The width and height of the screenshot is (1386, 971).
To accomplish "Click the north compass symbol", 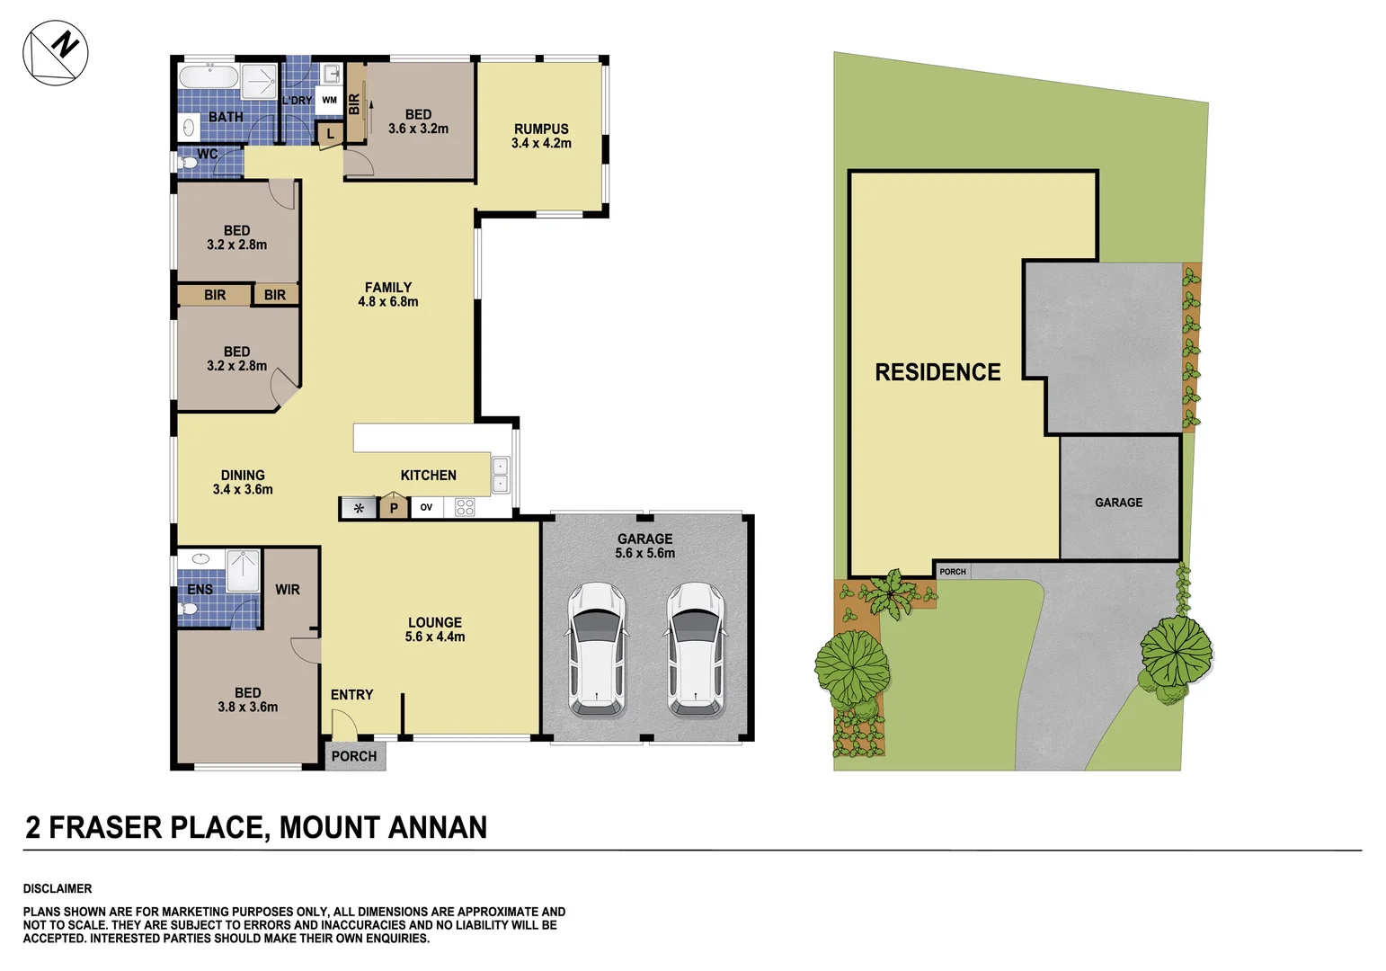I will pyautogui.click(x=55, y=52).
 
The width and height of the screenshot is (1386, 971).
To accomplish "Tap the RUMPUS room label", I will pyautogui.click(x=541, y=136).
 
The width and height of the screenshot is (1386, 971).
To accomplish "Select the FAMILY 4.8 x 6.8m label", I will pyautogui.click(x=388, y=294).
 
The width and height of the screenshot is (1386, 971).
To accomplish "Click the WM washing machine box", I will pyautogui.click(x=330, y=101).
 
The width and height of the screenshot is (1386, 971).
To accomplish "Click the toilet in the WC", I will pyautogui.click(x=188, y=164).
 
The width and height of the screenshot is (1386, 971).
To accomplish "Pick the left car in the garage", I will pyautogui.click(x=597, y=649).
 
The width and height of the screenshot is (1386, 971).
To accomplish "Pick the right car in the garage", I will pyautogui.click(x=696, y=649).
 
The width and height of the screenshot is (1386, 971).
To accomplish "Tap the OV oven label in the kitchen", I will pyautogui.click(x=426, y=507).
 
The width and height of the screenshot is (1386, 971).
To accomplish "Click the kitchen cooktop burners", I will pyautogui.click(x=465, y=507).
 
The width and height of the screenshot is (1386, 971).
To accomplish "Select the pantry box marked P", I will pyautogui.click(x=394, y=507).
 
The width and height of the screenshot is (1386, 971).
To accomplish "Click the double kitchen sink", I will pyautogui.click(x=500, y=475).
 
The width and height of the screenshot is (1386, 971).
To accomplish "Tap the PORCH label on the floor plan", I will pyautogui.click(x=354, y=756).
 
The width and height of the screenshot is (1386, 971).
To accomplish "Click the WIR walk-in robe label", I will pyautogui.click(x=288, y=590).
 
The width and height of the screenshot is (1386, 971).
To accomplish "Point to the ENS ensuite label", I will pyautogui.click(x=200, y=590).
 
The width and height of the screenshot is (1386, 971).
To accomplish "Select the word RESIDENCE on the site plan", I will pyautogui.click(x=937, y=372).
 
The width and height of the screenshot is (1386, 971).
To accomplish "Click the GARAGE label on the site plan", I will pyautogui.click(x=1118, y=503).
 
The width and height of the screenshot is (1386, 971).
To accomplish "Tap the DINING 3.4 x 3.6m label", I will pyautogui.click(x=243, y=482).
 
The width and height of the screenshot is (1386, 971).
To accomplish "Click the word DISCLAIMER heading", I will pyautogui.click(x=58, y=888).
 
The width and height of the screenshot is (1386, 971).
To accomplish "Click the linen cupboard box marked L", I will pyautogui.click(x=330, y=134).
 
